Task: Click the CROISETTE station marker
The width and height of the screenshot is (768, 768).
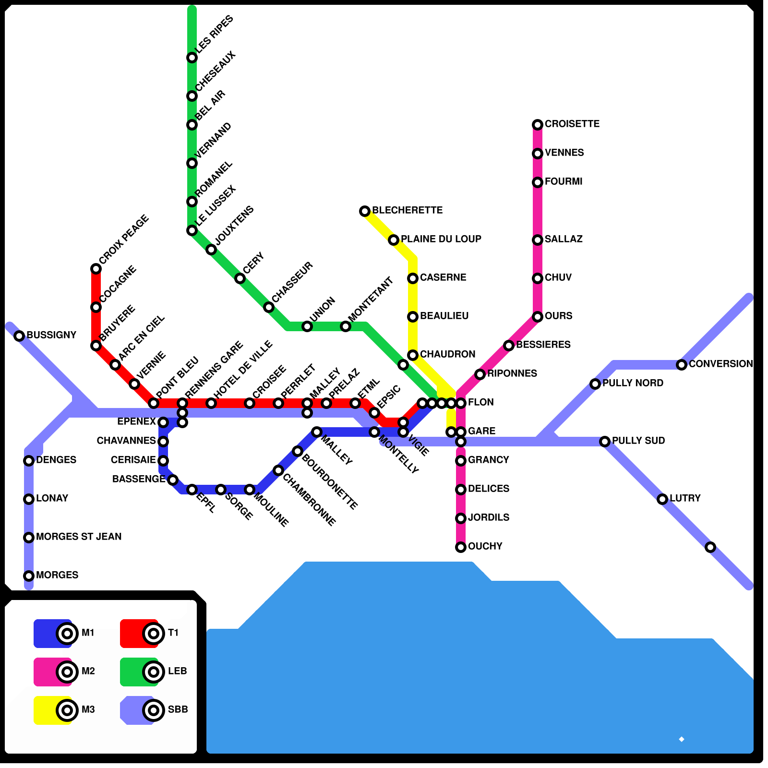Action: coord(538,125)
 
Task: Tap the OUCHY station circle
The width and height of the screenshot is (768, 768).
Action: coord(461,547)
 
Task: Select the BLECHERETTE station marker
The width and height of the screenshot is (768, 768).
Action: coord(365,211)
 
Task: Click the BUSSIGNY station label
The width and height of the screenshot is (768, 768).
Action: coord(51,335)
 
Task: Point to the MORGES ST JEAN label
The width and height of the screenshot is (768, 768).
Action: coord(79,537)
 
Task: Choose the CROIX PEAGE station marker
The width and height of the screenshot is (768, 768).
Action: coord(96,269)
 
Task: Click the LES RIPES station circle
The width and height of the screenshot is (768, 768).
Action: coord(192,58)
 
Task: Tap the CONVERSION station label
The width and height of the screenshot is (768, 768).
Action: coord(720,364)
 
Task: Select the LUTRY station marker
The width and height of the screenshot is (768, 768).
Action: coord(662,499)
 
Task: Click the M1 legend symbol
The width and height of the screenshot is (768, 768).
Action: coord(67,634)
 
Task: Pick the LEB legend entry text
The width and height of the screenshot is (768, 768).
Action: coord(177,671)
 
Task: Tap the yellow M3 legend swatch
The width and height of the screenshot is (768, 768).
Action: coord(46,710)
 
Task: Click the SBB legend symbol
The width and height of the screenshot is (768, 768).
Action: coord(154,710)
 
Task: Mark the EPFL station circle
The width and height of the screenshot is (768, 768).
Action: coord(192,490)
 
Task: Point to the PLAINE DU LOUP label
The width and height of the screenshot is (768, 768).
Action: coord(441,239)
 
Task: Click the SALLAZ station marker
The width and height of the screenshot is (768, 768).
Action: coord(538,240)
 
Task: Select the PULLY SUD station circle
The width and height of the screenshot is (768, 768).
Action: coord(605,442)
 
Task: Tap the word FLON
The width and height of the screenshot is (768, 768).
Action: coord(480,402)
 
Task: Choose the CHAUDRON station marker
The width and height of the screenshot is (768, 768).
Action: coord(413,355)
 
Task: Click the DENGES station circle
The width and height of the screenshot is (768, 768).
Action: coord(29,461)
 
